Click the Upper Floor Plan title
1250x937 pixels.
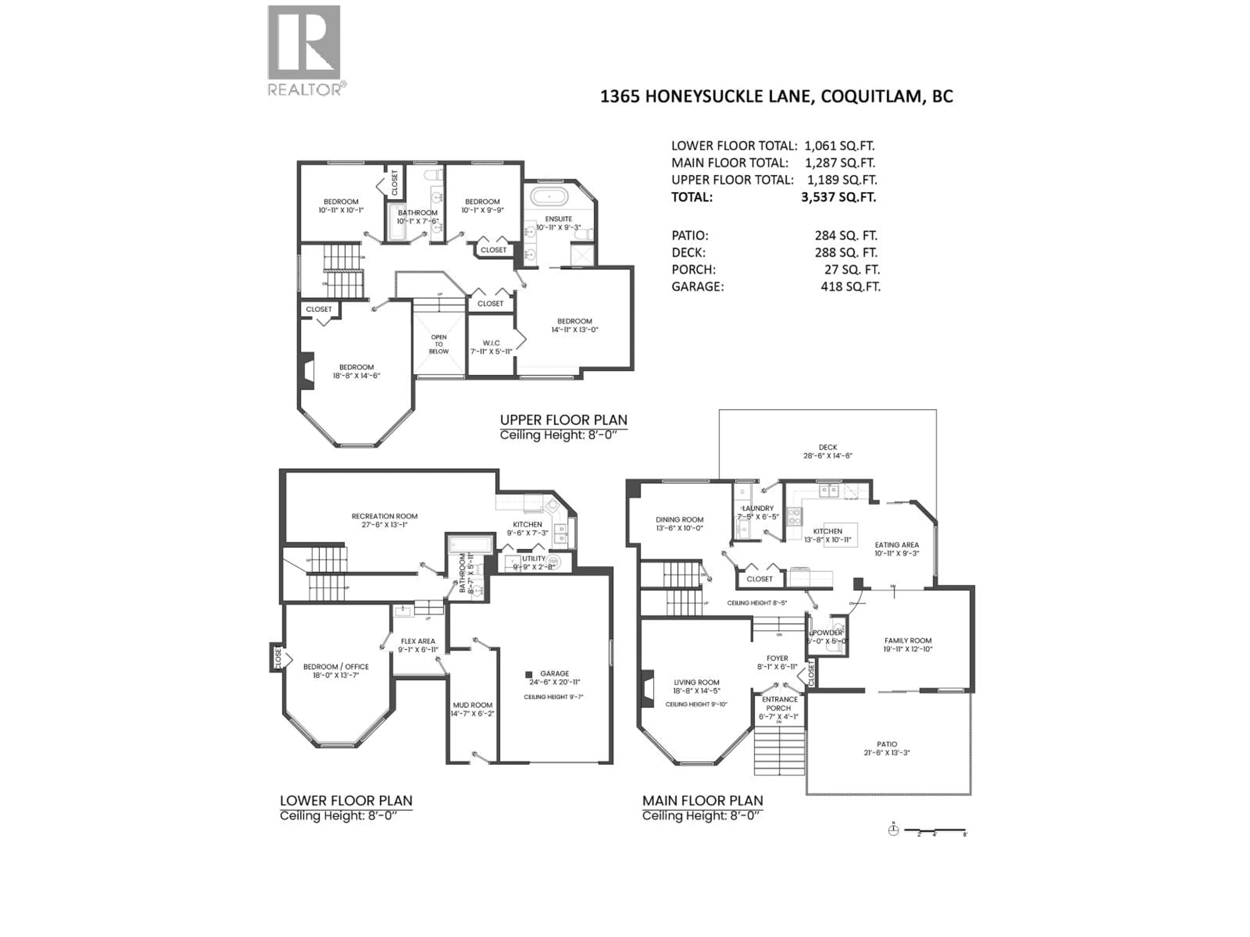point(563,420)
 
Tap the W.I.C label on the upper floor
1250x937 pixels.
point(491,343)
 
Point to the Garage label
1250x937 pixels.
point(554,673)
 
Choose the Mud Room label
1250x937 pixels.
point(472,705)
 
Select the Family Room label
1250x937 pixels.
point(908,641)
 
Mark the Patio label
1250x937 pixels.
point(887,744)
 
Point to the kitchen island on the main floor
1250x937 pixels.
point(840,534)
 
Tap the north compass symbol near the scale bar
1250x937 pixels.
point(893,830)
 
